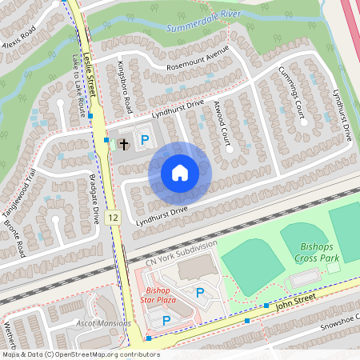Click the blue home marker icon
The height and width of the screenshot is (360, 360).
[180, 172]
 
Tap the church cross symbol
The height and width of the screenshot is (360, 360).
[124, 145]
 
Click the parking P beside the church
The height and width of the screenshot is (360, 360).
[145, 140]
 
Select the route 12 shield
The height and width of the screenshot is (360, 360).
[113, 218]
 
